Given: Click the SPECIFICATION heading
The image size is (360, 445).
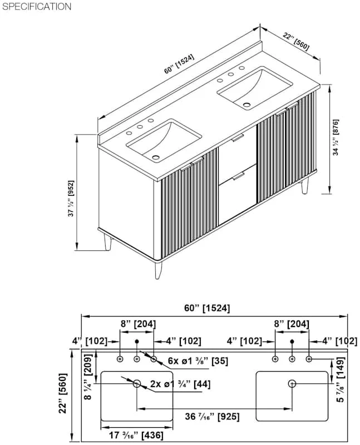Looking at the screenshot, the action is pyautogui.click(x=37, y=7).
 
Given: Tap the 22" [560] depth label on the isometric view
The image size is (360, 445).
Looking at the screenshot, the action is pyautogui.click(x=296, y=41).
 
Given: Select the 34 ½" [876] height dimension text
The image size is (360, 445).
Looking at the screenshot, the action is pyautogui.click(x=336, y=137).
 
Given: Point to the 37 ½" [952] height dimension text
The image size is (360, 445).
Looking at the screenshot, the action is pyautogui.click(x=71, y=198).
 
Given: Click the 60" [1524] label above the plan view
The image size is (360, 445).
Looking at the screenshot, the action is pyautogui.click(x=207, y=308).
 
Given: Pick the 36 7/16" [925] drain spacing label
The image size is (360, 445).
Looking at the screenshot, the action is pyautogui.click(x=212, y=417).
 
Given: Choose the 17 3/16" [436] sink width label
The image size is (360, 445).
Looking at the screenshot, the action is pyautogui.click(x=136, y=435).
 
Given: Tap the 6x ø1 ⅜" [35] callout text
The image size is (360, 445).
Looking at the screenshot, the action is pyautogui.click(x=198, y=361).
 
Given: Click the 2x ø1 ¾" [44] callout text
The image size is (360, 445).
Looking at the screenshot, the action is pyautogui.click(x=181, y=384).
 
